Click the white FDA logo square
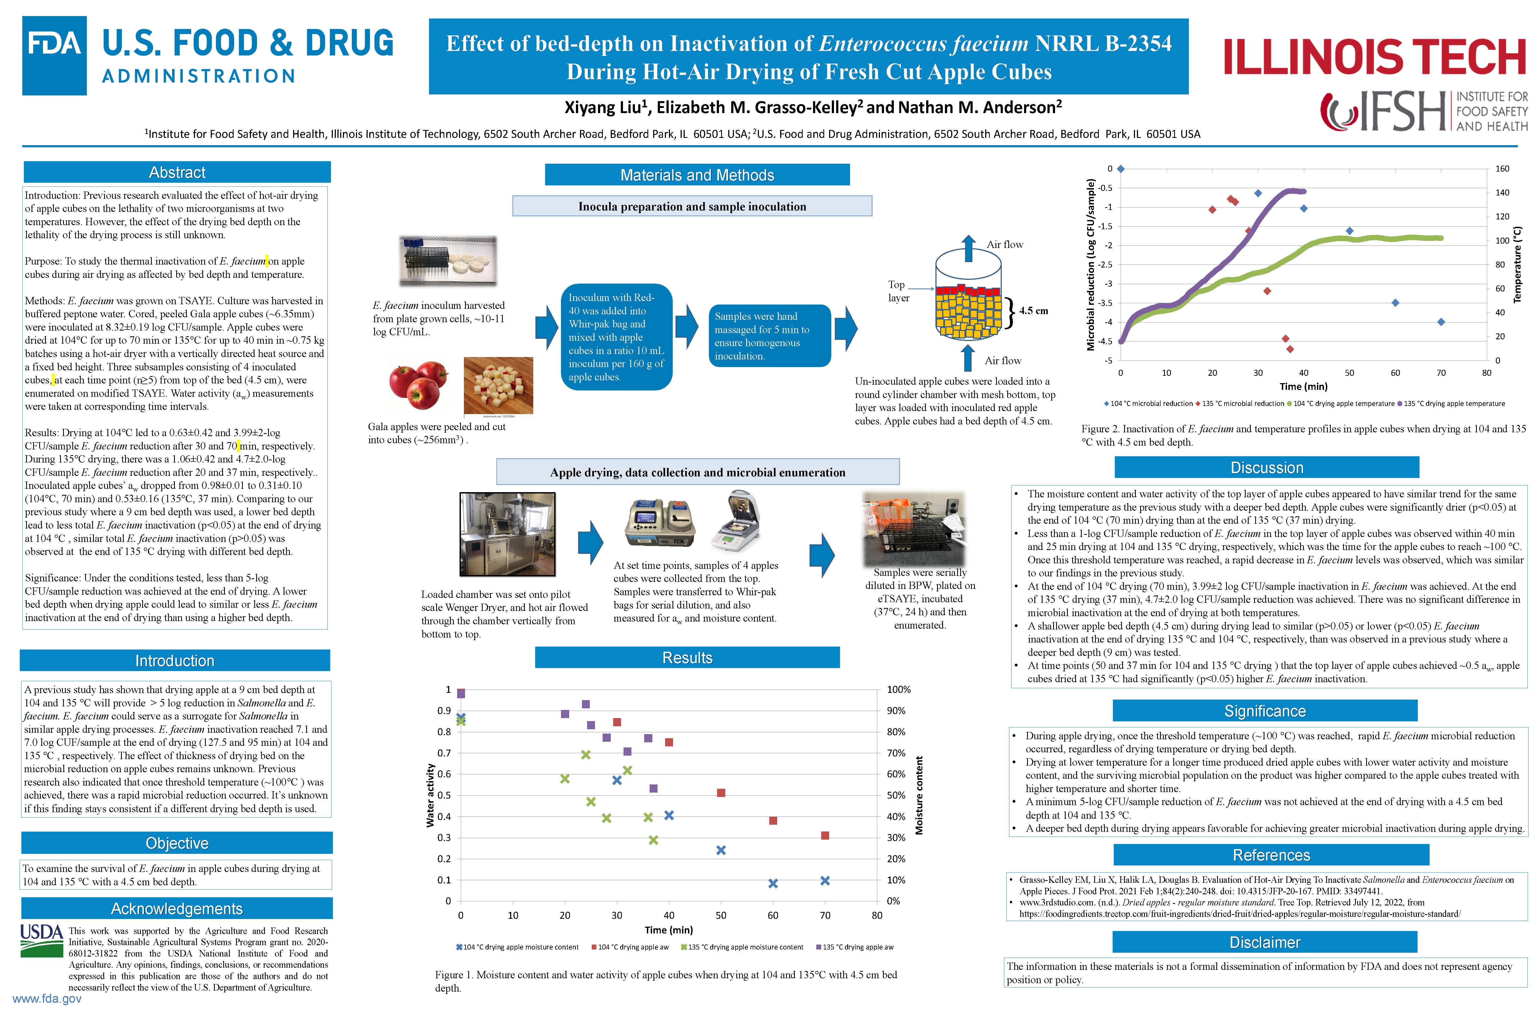(55, 56)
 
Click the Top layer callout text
(898, 291)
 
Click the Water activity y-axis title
(430, 795)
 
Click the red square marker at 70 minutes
(824, 836)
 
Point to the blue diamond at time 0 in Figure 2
(1121, 169)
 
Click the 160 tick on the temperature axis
(1502, 169)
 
